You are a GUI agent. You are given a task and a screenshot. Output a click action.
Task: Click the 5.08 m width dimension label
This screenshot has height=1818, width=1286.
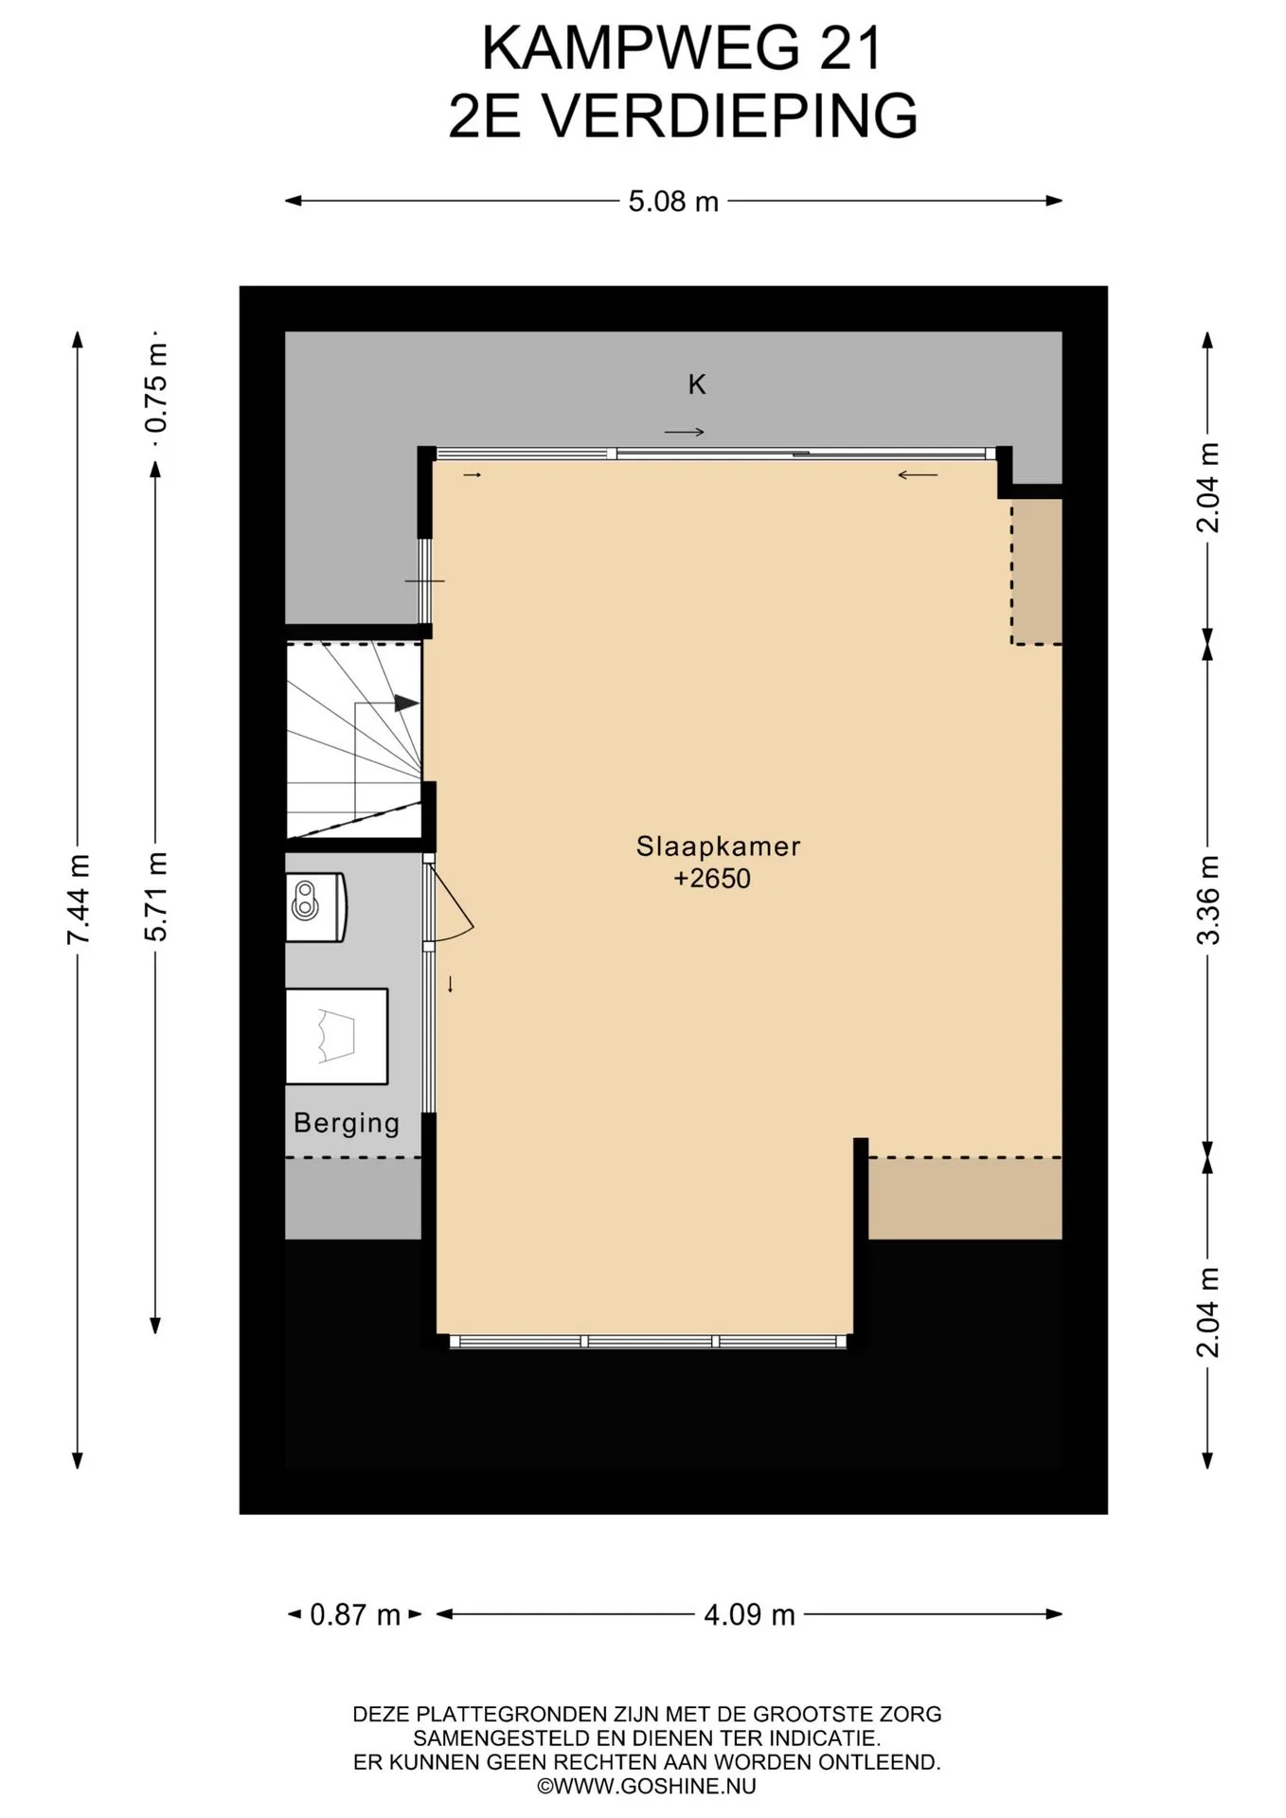point(673,201)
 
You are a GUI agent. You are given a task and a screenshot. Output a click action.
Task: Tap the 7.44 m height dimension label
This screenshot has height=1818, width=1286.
point(78,898)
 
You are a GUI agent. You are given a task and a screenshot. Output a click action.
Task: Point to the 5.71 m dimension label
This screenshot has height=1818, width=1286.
point(155,896)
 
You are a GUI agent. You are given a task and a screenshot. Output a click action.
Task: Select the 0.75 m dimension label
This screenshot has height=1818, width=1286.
point(155,387)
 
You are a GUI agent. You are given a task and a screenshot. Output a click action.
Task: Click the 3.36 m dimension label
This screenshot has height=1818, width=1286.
point(1207,900)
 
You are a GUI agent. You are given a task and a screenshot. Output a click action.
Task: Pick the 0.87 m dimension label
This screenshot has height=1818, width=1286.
point(355,1614)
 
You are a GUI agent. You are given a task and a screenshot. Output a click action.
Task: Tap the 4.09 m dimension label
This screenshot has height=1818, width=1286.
point(749,1614)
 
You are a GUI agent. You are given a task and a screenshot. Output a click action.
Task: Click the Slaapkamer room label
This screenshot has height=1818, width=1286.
point(718,846)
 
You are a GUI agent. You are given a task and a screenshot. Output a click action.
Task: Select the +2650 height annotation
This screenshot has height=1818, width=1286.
point(712,879)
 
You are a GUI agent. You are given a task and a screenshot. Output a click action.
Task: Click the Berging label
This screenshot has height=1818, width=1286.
point(347,1123)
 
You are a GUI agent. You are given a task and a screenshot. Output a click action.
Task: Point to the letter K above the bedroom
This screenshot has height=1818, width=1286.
point(697,384)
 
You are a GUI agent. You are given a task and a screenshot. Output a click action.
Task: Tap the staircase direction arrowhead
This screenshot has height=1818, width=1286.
point(406,703)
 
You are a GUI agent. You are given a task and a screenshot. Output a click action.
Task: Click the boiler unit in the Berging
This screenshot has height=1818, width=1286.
point(316,907)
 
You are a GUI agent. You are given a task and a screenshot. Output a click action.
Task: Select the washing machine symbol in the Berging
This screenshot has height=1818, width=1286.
point(337,1036)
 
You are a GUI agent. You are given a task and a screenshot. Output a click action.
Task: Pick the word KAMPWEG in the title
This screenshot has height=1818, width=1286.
point(640,48)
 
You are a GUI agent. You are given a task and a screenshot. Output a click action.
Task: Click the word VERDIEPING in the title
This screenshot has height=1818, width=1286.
point(728,116)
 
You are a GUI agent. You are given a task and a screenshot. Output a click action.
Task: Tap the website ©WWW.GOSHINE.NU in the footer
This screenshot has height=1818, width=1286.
point(647,1787)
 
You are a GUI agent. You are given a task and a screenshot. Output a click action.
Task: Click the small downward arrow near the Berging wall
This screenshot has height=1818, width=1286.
point(451,984)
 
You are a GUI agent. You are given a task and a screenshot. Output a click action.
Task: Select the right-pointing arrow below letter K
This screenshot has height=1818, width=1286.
point(685,433)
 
